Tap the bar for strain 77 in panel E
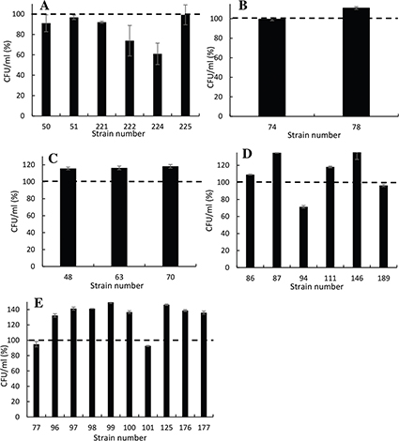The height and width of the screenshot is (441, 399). click(37, 381)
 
